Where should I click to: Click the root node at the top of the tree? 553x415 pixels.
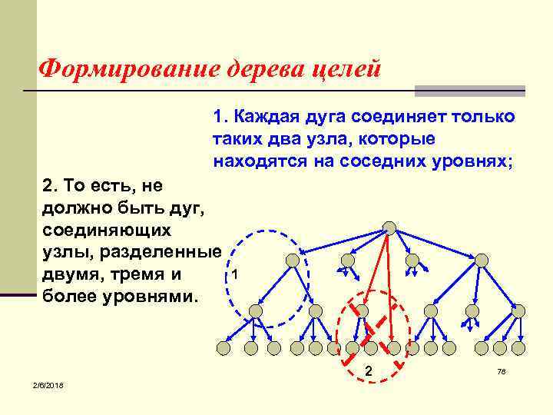coord(389,227)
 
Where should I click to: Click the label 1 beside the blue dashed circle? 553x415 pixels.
coord(234,275)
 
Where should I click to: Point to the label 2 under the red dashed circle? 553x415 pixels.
coord(369,372)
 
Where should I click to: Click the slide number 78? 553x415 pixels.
coord(502,371)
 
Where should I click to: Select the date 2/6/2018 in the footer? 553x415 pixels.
coord(48,384)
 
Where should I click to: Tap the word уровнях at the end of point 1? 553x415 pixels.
coord(469,161)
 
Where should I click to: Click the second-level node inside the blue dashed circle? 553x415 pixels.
coord(292,261)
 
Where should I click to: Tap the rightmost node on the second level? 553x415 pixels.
coord(482,261)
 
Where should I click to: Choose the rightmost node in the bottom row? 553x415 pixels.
coord(520,348)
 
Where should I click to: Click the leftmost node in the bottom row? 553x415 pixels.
coord(223,348)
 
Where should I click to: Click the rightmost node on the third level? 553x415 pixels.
coord(518,311)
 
